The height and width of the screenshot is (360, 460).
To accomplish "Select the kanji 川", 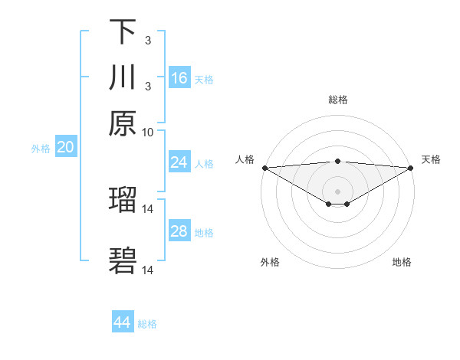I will (x=123, y=77).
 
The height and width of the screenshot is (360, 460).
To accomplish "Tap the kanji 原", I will (x=123, y=123).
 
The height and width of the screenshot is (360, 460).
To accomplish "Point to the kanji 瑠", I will (x=123, y=201).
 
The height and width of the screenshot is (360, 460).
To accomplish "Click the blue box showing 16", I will (x=179, y=78).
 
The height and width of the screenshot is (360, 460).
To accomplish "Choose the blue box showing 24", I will (x=179, y=162).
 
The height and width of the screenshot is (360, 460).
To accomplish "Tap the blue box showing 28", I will (x=179, y=231).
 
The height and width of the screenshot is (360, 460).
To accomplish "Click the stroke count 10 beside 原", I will (x=148, y=131).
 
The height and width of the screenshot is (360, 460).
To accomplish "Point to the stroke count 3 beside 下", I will (x=148, y=40).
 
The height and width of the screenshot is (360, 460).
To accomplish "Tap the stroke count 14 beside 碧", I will (x=148, y=270).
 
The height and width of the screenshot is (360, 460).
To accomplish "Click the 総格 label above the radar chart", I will (x=337, y=100).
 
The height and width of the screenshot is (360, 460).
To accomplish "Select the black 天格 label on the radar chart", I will (x=431, y=159).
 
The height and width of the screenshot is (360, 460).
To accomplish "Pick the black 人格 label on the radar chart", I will (x=245, y=159).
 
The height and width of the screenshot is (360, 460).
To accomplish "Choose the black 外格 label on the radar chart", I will (x=270, y=262).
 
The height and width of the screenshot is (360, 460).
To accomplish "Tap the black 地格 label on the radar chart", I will (x=402, y=262).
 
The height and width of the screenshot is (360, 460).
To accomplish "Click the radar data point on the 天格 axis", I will (x=411, y=168).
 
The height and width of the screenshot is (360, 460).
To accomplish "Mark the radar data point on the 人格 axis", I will (x=264, y=168).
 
